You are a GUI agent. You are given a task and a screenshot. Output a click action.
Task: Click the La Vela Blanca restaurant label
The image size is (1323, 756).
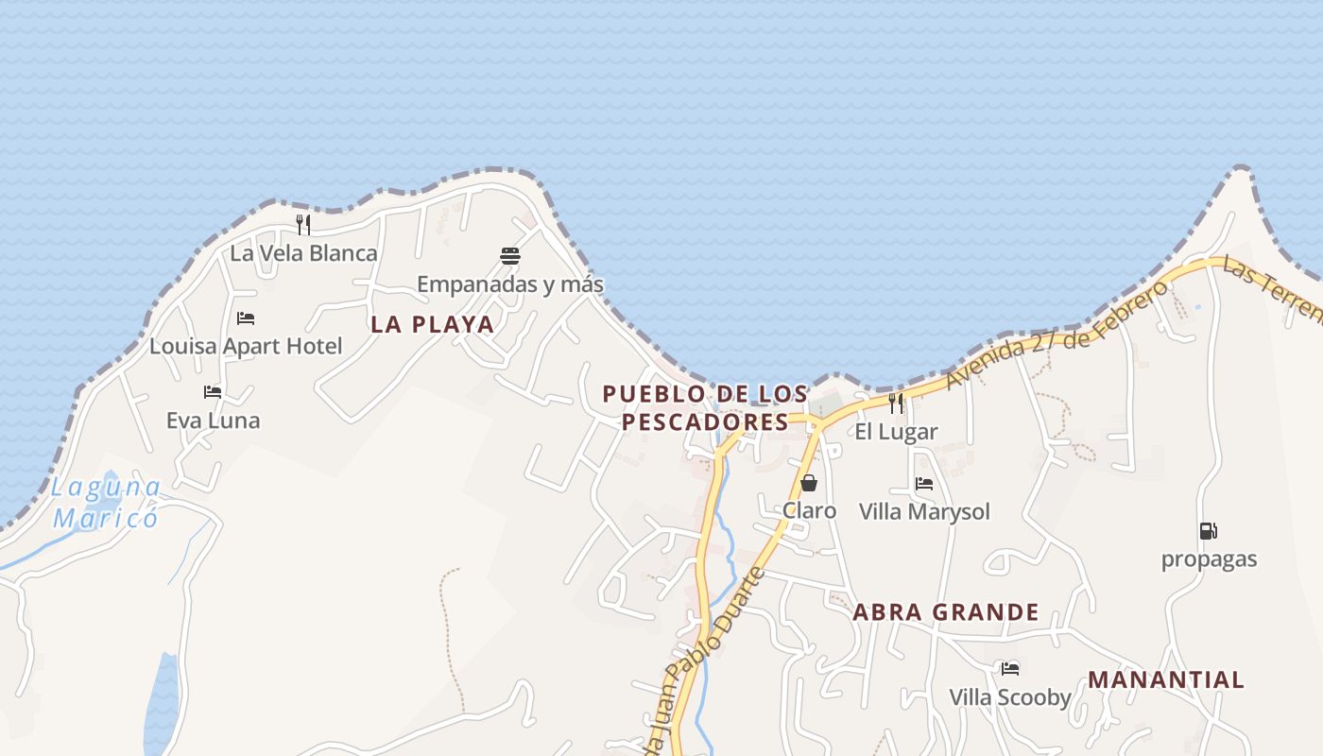coord(303,253)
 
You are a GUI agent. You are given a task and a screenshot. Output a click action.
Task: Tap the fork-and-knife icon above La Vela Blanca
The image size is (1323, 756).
coord(303,224)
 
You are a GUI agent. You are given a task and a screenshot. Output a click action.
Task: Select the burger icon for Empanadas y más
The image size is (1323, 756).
coord(510,255)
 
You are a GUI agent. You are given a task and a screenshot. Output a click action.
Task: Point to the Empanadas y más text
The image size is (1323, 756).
coord(510,283)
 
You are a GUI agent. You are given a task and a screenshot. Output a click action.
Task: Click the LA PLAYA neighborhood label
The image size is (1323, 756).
coord(432,324)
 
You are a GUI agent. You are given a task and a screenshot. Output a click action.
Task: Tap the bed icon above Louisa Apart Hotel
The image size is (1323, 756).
coord(246,318)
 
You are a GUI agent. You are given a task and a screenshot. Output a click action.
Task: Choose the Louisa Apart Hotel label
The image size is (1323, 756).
coord(246,346)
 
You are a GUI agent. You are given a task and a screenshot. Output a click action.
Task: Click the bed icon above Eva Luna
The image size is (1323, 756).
coord(213,391)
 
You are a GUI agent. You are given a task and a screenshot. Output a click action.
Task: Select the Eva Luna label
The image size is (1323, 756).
coord(213,421)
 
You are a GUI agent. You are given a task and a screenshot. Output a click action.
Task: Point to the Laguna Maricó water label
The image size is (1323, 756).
coord(105,503)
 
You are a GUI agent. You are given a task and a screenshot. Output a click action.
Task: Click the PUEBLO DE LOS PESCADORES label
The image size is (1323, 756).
coord(705,407)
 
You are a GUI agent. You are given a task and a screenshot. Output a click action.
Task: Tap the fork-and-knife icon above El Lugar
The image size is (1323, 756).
coord(896,404)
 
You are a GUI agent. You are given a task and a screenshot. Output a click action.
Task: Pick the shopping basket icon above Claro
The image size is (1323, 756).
coord(809,483)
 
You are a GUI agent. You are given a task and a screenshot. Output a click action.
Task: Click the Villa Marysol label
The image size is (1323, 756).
coord(924,511)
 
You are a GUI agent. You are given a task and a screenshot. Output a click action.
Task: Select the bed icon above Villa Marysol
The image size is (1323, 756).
coord(924,484)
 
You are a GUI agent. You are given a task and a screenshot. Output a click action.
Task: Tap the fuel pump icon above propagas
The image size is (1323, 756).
coord(1208,531)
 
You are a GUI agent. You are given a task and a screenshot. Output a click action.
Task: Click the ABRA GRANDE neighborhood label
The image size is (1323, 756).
coord(946,612)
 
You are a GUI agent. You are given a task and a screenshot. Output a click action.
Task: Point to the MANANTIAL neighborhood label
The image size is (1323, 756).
coord(1165,679)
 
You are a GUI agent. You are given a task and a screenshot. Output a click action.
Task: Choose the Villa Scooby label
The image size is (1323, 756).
coord(1010,697)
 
